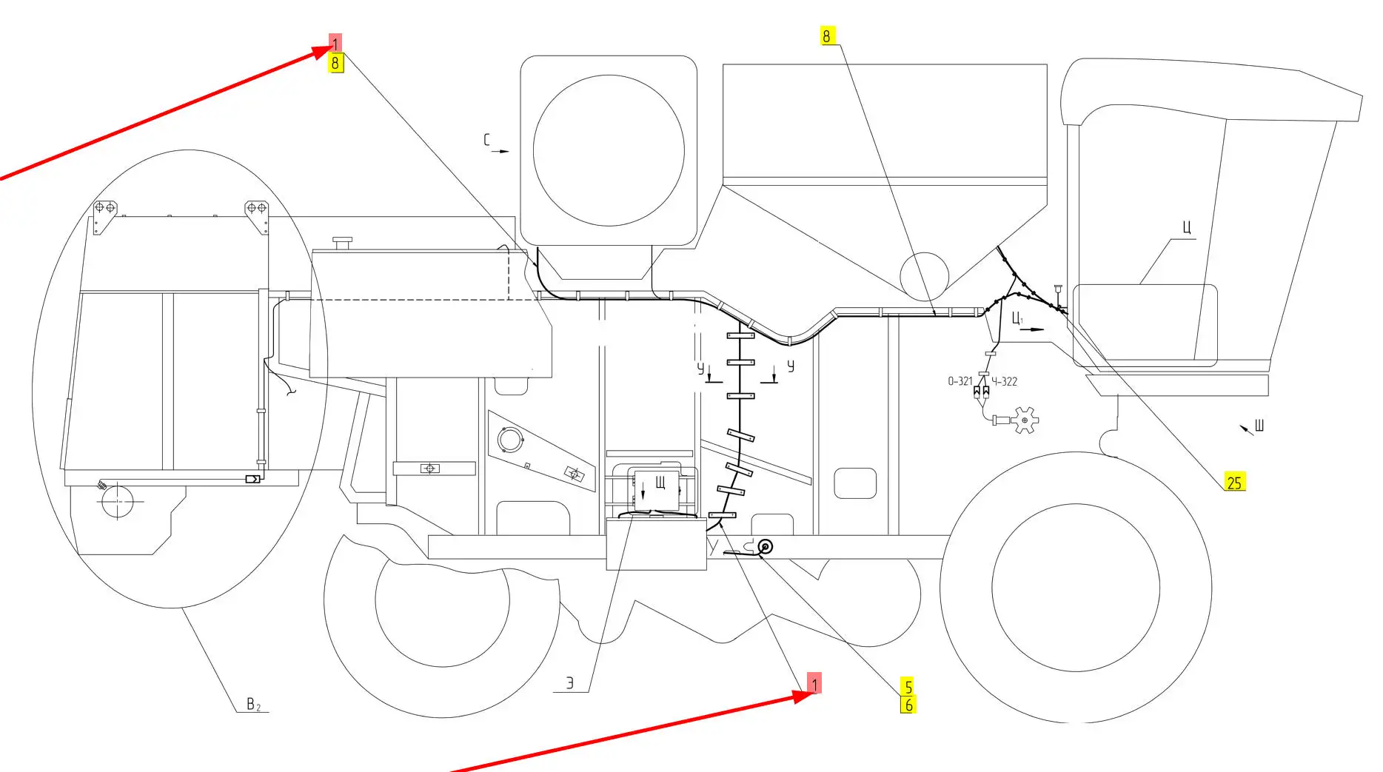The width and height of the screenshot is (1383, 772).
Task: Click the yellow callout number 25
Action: [x=1234, y=483]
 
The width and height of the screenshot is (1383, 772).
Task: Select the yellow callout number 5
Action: [x=908, y=687]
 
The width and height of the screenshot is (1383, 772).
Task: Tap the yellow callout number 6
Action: [x=908, y=705]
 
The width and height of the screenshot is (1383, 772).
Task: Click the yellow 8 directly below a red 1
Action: [x=335, y=63]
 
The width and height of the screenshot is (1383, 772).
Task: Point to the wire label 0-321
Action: [x=960, y=381]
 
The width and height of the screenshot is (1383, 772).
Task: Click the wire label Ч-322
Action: [x=1005, y=381]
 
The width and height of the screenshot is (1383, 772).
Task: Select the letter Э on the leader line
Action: [x=569, y=683]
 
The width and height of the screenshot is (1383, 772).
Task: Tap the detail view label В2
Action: [x=253, y=704]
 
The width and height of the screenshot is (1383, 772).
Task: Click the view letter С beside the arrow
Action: [x=487, y=140]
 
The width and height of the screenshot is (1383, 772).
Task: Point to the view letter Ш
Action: [x=1259, y=425]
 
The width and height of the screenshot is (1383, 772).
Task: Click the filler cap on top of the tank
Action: [x=342, y=243]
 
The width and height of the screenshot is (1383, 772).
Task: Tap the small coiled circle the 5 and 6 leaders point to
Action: [x=765, y=547]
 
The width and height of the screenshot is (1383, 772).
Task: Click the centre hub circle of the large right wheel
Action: [x=1075, y=588]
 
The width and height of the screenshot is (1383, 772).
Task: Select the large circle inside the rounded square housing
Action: [x=608, y=150]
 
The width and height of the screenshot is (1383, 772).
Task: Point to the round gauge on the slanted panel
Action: [x=509, y=440]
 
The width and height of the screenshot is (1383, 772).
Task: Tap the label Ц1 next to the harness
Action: [x=1018, y=318]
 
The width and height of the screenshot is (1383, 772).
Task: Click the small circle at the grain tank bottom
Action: [x=924, y=275]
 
